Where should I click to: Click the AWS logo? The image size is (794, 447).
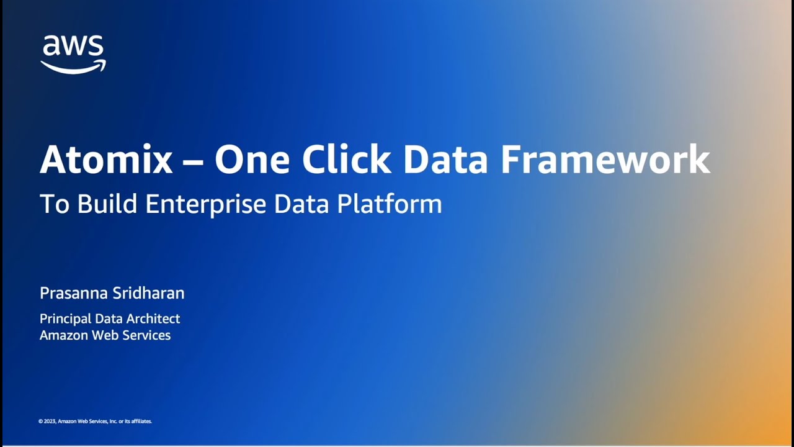[73, 54]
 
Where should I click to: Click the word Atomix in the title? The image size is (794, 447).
[106, 159]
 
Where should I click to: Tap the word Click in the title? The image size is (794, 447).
[347, 159]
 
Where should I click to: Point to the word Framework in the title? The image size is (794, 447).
[605, 159]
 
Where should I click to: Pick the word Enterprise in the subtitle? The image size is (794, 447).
[207, 204]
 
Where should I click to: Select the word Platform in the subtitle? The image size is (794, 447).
[390, 204]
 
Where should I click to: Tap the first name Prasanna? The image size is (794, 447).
[69, 293]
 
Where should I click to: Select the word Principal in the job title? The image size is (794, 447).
[65, 318]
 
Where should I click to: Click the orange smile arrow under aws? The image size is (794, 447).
[73, 66]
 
